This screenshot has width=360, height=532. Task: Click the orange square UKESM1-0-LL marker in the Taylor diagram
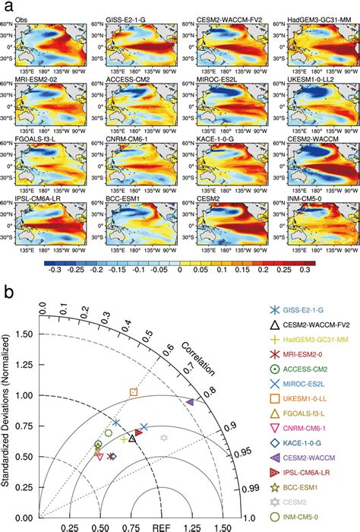(x=134, y=392)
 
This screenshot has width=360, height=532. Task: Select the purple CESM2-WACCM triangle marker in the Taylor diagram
(x=190, y=401)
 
